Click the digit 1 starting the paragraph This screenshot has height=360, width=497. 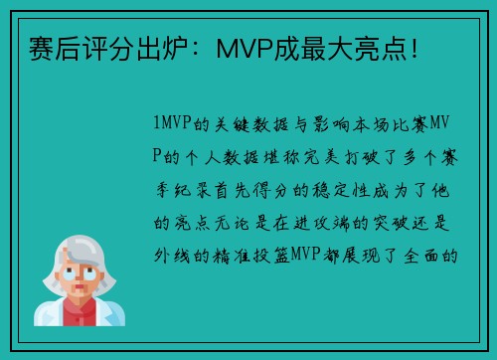(158, 124)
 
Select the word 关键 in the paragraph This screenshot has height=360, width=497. (229, 124)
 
